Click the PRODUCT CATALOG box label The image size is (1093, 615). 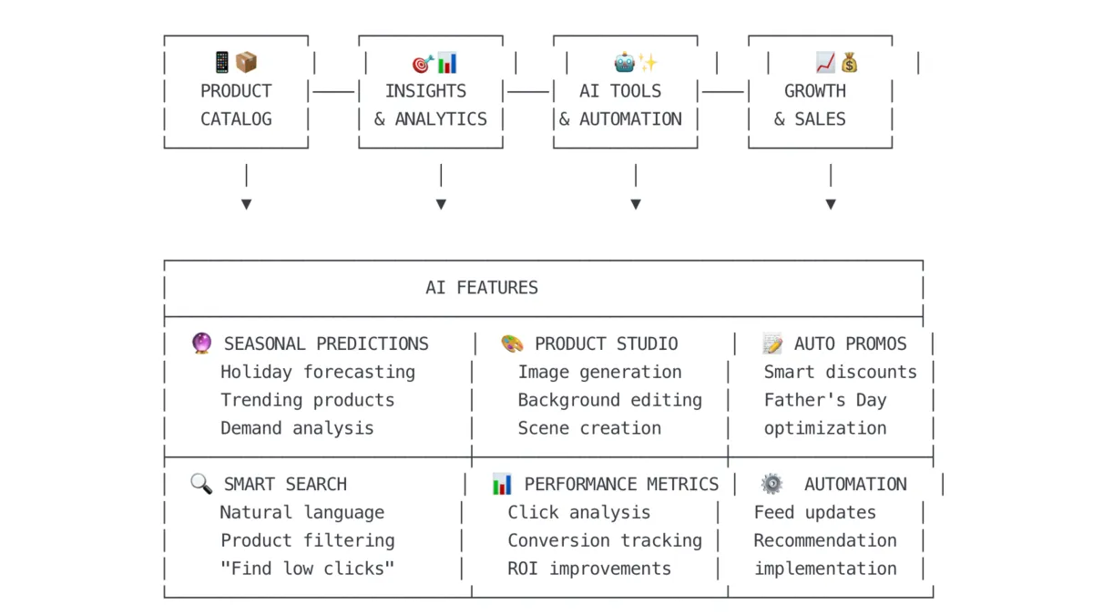pos(236,105)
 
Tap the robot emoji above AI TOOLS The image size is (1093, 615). pos(625,63)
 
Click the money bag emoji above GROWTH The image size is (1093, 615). pos(849,63)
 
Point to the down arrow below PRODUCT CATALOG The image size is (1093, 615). pos(246,203)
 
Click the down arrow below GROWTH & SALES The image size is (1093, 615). pos(831,203)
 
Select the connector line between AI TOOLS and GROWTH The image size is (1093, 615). pos(723,91)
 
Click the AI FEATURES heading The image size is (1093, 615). pos(482,288)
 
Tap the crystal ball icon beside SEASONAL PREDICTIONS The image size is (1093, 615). pos(201,343)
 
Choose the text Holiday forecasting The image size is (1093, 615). pos(317,372)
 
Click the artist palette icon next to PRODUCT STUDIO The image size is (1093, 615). pos(512,343)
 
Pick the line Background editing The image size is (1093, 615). pos(609,400)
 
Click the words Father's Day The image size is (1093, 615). pos(824,400)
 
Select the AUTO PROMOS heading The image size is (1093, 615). pos(850,343)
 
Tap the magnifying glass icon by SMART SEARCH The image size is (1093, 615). pos(200,484)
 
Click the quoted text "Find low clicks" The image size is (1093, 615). pos(307,569)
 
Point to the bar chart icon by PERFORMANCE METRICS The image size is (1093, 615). pos(502,484)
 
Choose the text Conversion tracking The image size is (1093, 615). pos(605,540)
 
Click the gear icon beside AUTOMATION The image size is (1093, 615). pos(771,484)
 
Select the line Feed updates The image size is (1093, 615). pos(814,512)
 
